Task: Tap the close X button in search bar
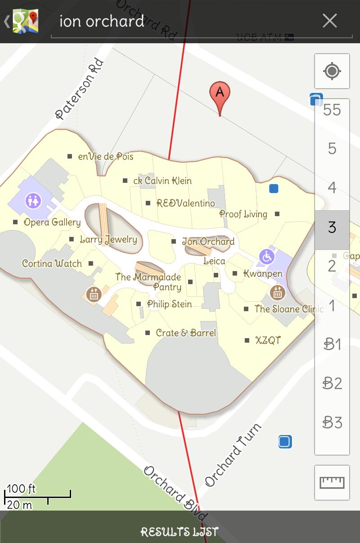tap(329, 21)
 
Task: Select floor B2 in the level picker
tap(332, 383)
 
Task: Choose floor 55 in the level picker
tap(332, 110)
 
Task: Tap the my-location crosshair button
tap(332, 71)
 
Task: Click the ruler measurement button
tap(332, 482)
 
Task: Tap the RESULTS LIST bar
tap(180, 531)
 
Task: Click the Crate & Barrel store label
tap(185, 333)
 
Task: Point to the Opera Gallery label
tap(52, 222)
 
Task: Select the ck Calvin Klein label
tap(162, 181)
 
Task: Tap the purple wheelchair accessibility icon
tap(267, 257)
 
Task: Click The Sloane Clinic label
tap(288, 309)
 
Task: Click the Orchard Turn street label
tap(233, 455)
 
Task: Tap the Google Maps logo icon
tap(25, 21)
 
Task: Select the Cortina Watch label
tap(52, 263)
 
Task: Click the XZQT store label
tap(268, 340)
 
